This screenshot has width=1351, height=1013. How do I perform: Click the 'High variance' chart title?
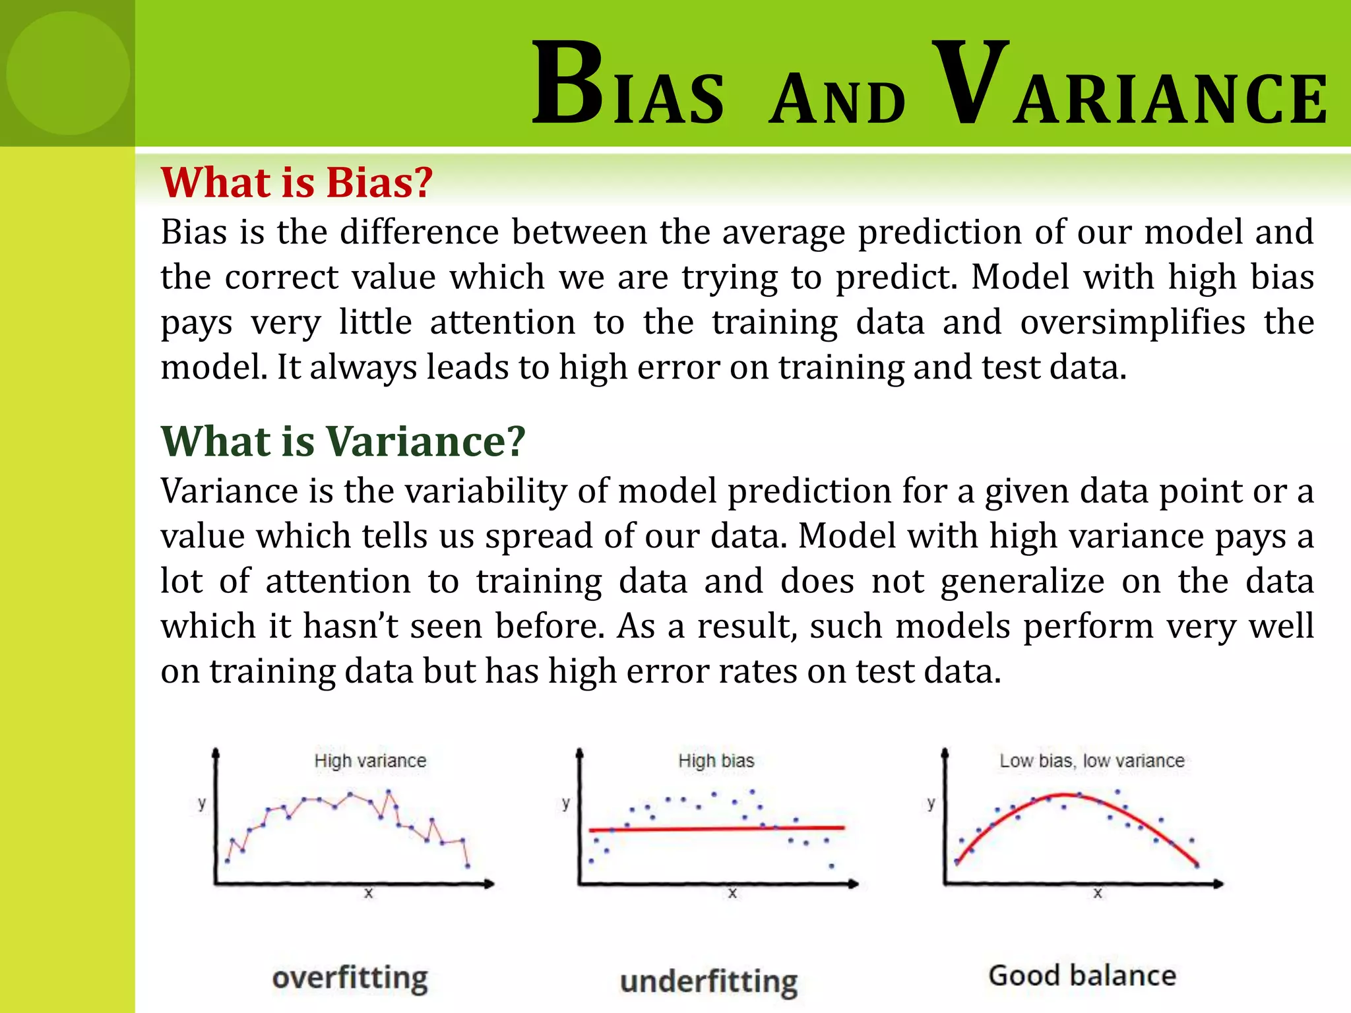pyautogui.click(x=370, y=760)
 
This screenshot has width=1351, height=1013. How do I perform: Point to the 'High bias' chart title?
pyautogui.click(x=716, y=760)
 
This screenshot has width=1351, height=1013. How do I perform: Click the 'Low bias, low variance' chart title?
pyautogui.click(x=1092, y=760)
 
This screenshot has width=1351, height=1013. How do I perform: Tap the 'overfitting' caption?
pyautogui.click(x=350, y=977)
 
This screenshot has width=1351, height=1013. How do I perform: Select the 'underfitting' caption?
pyautogui.click(x=708, y=981)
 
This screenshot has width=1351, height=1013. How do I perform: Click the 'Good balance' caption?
pyautogui.click(x=1082, y=975)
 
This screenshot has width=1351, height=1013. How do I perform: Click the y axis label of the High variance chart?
pyautogui.click(x=202, y=803)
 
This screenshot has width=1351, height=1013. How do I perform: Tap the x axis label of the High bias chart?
pyautogui.click(x=732, y=894)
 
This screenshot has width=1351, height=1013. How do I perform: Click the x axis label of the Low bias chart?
pyautogui.click(x=1098, y=894)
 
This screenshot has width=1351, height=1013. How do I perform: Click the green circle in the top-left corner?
pyautogui.click(x=68, y=73)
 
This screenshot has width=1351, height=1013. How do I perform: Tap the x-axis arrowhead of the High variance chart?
pyautogui.click(x=489, y=884)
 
